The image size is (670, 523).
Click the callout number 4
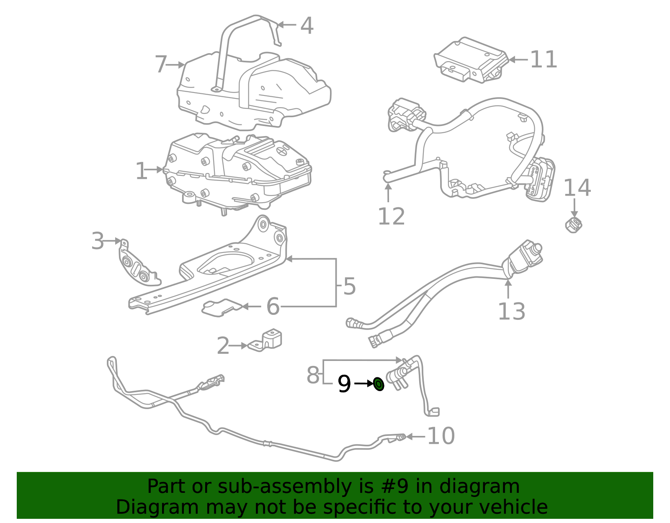[x=307, y=26]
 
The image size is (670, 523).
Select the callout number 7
[x=161, y=64]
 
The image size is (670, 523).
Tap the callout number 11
[x=544, y=59]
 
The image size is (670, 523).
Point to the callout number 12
[x=391, y=216]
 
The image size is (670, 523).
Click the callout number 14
[x=577, y=188]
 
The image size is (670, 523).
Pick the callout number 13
[x=511, y=312]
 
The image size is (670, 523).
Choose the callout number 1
[x=142, y=171]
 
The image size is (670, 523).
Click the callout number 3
[x=98, y=241]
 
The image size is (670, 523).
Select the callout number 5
[x=349, y=287]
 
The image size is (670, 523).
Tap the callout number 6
[x=273, y=307]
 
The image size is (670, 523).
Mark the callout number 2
[x=223, y=346]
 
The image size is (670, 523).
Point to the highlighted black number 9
[x=344, y=384]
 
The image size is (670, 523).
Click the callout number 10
[x=441, y=436]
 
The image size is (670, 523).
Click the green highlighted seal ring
[x=379, y=384]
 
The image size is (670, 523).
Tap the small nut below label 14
[x=573, y=224]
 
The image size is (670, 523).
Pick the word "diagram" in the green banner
[x=479, y=487]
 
